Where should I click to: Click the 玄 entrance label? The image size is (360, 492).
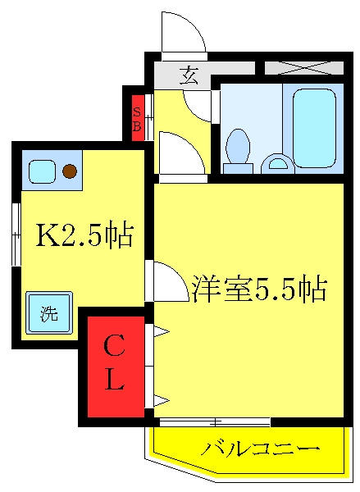point(189,75)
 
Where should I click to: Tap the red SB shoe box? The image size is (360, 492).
point(138,118)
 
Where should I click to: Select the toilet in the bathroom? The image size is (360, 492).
point(238,151)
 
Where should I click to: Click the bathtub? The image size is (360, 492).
point(314,128)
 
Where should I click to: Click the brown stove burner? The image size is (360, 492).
point(70,171)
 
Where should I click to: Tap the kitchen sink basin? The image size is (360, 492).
point(42,171)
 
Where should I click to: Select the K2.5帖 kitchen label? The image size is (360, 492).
point(84,235)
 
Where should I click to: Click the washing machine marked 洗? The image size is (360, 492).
point(49,312)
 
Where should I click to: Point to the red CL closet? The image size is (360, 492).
point(116,367)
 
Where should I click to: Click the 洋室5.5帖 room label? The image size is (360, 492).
point(260,288)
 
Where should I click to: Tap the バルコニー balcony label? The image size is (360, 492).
point(260,449)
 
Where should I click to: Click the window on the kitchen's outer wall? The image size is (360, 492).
point(16,235)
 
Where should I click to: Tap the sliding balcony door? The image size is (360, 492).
point(215,422)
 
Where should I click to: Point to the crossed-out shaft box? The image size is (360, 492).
point(304,68)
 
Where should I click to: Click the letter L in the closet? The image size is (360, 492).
point(114,379)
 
